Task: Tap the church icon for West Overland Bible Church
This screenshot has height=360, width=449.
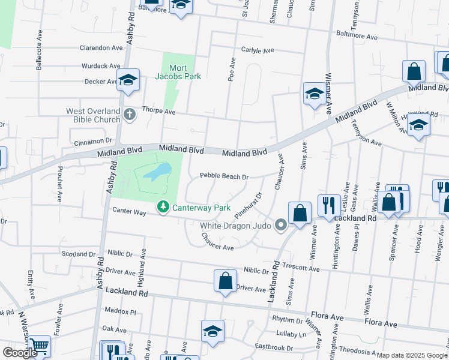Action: point(128,114)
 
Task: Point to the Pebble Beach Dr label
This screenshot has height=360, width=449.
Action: point(224,176)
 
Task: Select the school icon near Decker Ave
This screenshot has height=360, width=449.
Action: point(128,80)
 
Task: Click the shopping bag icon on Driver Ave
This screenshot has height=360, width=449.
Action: point(225,280)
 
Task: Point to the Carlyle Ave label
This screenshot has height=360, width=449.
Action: point(258,50)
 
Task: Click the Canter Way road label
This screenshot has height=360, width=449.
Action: point(129,211)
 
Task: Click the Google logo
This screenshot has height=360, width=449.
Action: point(20,352)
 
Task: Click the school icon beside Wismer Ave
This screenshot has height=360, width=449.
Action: point(314,94)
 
